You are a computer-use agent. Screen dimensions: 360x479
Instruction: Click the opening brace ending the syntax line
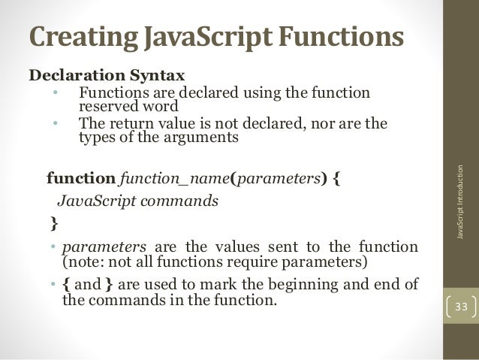pyautogui.click(x=335, y=180)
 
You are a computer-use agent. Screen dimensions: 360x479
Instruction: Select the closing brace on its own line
pyautogui.click(x=53, y=223)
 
